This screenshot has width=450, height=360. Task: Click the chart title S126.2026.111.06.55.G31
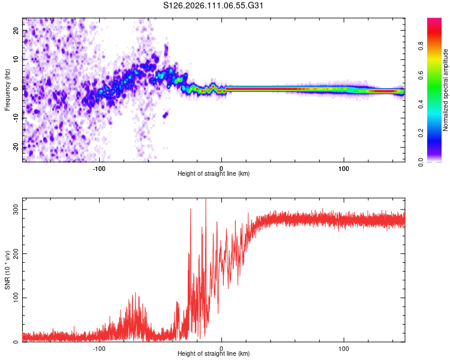coord(214,6)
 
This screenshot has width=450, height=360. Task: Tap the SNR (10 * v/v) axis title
coord(7,269)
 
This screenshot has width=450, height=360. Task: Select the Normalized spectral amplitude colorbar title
coord(445,90)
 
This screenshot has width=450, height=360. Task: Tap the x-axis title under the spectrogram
coord(214,174)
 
